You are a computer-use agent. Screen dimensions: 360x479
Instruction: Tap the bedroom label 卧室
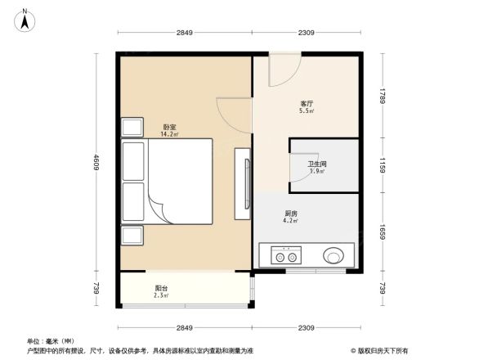pyautogui.click(x=169, y=128)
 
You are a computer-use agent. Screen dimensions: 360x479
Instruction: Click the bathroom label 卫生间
pyautogui.click(x=316, y=165)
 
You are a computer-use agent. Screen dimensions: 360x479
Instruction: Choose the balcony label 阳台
pyautogui.click(x=161, y=289)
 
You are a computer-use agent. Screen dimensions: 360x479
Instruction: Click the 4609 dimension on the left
pyautogui.click(x=95, y=164)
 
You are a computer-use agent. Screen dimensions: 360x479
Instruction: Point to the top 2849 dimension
pyautogui.click(x=184, y=33)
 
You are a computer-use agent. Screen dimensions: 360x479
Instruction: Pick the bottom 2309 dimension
pyautogui.click(x=306, y=327)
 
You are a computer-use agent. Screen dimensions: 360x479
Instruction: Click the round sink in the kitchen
pyautogui.click(x=334, y=256)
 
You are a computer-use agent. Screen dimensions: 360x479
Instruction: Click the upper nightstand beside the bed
pyautogui.click(x=132, y=128)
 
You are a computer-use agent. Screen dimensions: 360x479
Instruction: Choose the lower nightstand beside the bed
pyautogui.click(x=132, y=236)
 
